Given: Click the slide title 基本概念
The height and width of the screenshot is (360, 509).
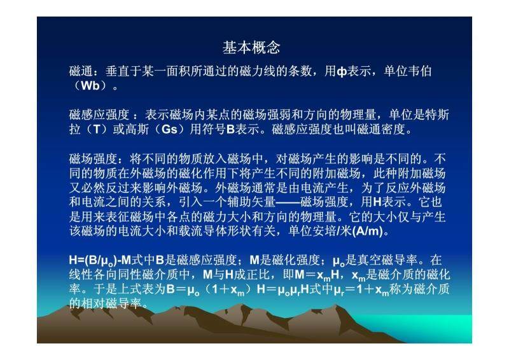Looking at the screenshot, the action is coord(251,48).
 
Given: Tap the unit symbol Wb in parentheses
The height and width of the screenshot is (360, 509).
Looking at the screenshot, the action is coord(90,85).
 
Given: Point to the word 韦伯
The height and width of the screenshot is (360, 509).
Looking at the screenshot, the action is coord(419,71).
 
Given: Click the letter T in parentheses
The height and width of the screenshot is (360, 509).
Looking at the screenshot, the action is coord(97,129).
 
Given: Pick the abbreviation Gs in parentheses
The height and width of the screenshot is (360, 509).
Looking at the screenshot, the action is coord(169,129).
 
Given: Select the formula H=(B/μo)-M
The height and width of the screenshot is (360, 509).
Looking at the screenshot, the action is coord(100,261).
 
